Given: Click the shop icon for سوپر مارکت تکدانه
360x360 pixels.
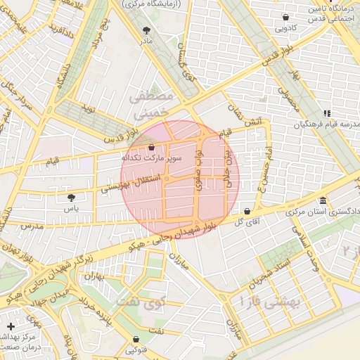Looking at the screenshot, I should tap(152, 147).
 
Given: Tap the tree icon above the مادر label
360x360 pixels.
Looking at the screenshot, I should tap(146, 30).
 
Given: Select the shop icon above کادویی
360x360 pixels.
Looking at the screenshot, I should tap(285, 18).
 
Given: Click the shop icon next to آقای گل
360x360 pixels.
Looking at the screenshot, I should tap(247, 211).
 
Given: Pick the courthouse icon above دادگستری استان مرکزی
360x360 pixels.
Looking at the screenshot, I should tap(323, 200).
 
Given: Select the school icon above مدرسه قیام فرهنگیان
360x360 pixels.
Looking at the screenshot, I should tap(326, 113).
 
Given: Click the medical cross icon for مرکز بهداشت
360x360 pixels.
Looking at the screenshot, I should tap(11, 326).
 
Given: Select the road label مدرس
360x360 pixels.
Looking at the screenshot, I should tap(32, 226).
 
